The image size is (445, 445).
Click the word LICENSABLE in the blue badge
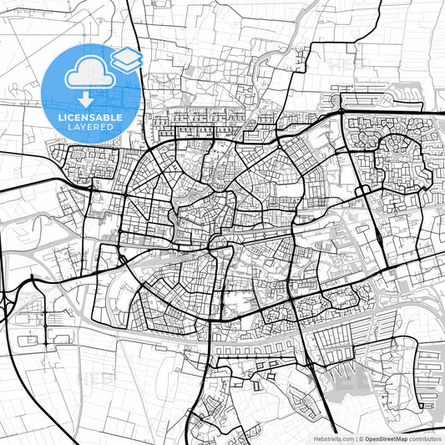coord(90,117)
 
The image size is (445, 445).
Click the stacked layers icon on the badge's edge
coord(126,58)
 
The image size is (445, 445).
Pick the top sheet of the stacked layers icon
coord(126,54)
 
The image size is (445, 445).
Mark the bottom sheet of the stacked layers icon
coord(126,63)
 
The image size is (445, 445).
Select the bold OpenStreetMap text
coord(387,437)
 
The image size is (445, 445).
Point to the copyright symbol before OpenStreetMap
coord(362,437)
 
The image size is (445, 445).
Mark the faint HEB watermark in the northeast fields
coord(342,63)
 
